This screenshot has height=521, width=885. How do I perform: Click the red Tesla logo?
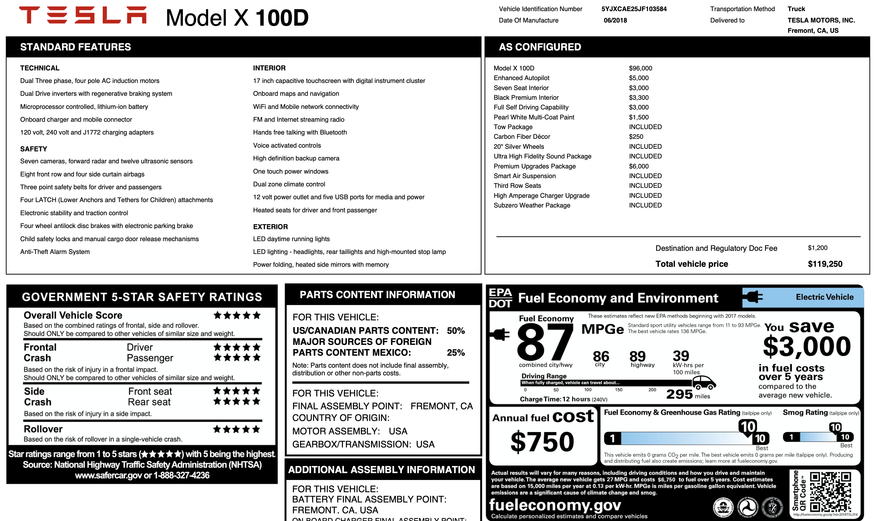[x=83, y=15]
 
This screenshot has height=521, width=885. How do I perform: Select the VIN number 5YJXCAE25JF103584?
[x=634, y=9]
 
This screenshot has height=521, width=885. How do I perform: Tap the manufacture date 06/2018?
[x=615, y=20]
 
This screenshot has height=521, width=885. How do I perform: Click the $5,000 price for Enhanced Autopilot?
[x=639, y=78]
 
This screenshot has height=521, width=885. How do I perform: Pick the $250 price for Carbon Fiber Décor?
[x=636, y=137]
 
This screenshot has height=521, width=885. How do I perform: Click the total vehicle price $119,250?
[x=825, y=264]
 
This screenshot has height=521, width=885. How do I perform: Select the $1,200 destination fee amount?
[x=817, y=248]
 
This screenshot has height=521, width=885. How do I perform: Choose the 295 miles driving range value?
[x=680, y=394]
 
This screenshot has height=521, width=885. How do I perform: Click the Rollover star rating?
[x=237, y=429]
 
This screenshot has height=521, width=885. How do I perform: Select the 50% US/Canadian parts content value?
[x=456, y=331]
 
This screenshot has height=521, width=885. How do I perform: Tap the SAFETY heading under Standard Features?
[x=33, y=149]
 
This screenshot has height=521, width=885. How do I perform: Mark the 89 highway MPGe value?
[x=637, y=356]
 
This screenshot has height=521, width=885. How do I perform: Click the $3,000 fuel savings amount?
[x=807, y=347]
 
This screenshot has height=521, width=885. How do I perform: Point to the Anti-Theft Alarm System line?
[x=55, y=252]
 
